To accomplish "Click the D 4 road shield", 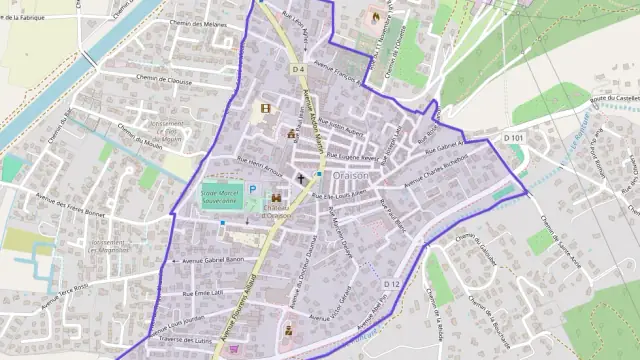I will coord(298,69).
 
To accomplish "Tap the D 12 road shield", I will coord(390,285).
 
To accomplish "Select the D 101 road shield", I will coord(513,137).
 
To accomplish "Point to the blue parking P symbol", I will coord(253,187).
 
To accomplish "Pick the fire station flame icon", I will coord(376,17).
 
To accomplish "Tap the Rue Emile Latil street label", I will coord(204,293).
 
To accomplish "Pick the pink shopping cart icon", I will coord(235,349).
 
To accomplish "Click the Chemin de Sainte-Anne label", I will coord(561,240).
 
